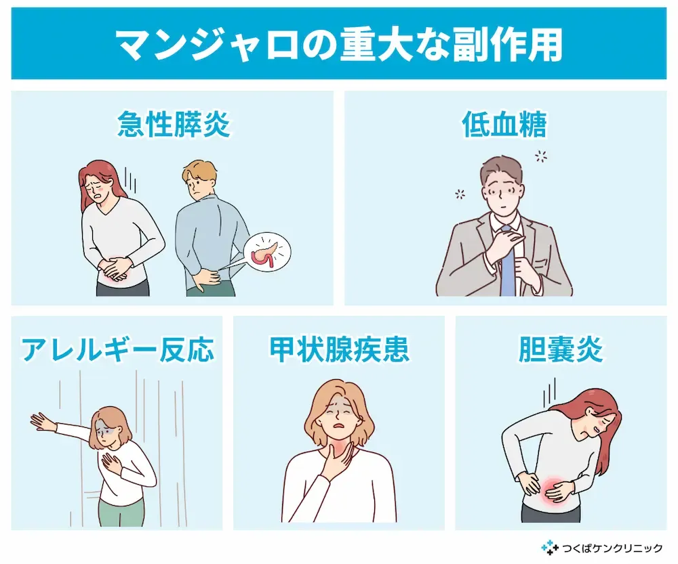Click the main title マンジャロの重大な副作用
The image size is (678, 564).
tap(339, 45)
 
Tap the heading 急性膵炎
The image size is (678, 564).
tap(174, 124)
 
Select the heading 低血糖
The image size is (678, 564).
tap(504, 124)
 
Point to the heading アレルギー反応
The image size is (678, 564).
tap(117, 349)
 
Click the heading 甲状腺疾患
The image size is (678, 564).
tap(339, 349)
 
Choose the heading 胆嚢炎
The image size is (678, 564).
tap(561, 349)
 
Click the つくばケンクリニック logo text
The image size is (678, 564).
tap(612, 548)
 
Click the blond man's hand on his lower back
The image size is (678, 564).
tap(207, 276)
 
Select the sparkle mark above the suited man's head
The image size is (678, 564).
tap(540, 156)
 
